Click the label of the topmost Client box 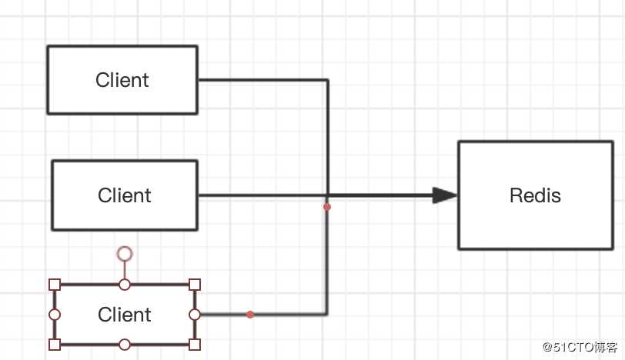[122, 80]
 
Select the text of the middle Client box [125, 195]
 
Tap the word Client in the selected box [125, 315]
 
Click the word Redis [535, 195]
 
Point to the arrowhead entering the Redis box [444, 195]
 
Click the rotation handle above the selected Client [125, 253]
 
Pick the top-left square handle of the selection [55, 285]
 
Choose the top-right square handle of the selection [195, 285]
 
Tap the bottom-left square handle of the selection [55, 344]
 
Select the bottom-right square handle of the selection [195, 344]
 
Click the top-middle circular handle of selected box [125, 285]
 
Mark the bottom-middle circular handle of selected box [125, 344]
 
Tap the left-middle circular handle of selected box [55, 315]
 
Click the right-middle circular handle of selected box [195, 315]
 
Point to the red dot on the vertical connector [327, 207]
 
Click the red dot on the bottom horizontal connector [250, 314]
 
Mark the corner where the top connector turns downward [327, 80]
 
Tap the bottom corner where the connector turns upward [327, 314]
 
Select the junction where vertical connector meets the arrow [327, 195]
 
